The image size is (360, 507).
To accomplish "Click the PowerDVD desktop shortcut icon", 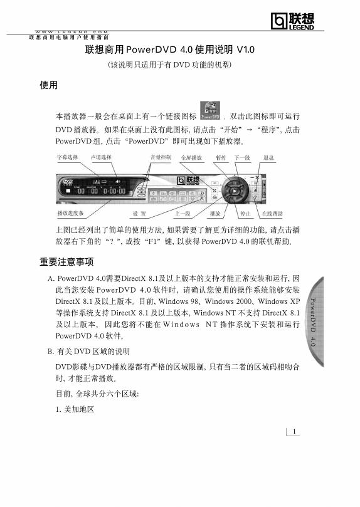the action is pos(210,110).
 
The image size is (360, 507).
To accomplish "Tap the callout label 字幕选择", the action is pos(67,157).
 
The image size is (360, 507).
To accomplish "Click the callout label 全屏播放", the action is pos(191,157).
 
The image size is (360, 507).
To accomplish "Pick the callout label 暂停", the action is pos(221,157).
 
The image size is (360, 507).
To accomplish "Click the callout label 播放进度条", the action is pos(70,214).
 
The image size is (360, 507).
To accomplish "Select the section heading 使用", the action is pos(48,85).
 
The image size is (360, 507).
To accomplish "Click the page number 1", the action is pos(293,430).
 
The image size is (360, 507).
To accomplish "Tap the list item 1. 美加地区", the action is pos(75,409).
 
